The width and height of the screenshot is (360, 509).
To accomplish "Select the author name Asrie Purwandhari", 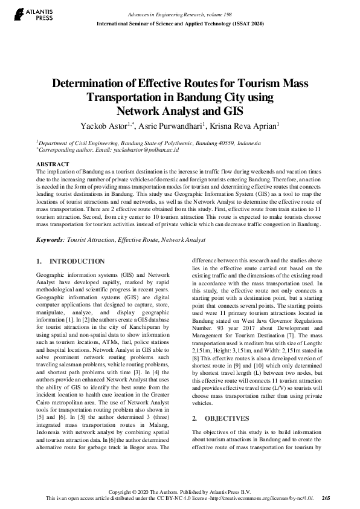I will click(x=175, y=126).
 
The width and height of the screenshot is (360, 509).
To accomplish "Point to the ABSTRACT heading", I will click(x=53, y=164).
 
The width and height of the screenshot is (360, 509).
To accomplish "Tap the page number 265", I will click(x=326, y=498).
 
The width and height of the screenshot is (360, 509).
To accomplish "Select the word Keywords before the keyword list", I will click(x=51, y=240).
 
